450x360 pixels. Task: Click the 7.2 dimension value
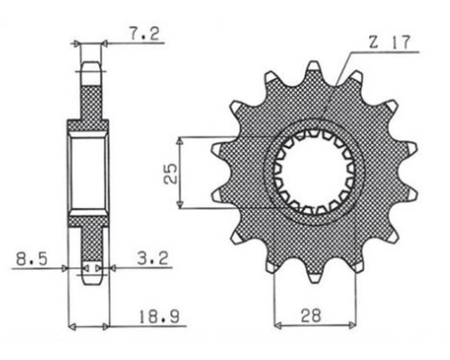click(x=144, y=34)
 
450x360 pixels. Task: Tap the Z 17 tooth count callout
click(x=389, y=42)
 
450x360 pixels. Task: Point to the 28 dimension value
click(x=311, y=315)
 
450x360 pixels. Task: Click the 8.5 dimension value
click(x=31, y=259)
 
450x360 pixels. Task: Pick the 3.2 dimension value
click(x=153, y=258)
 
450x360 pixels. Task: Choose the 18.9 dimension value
click(x=159, y=317)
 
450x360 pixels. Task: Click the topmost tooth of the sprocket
click(x=313, y=67)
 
